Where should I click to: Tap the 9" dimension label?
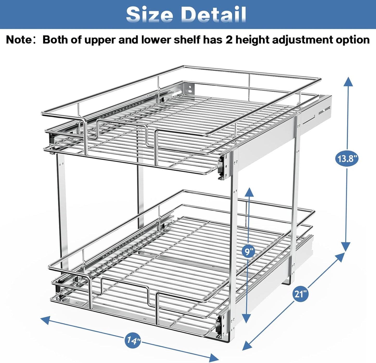pos(249,251)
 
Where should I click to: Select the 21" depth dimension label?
pos(301,294)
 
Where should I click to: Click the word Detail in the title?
pos(213,14)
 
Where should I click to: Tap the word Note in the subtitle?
pos(18,40)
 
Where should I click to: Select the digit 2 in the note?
pos(229,40)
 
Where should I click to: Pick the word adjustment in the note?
pos(302,40)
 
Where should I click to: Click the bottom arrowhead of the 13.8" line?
pos(346,247)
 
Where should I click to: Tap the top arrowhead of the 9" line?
pos(249,192)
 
